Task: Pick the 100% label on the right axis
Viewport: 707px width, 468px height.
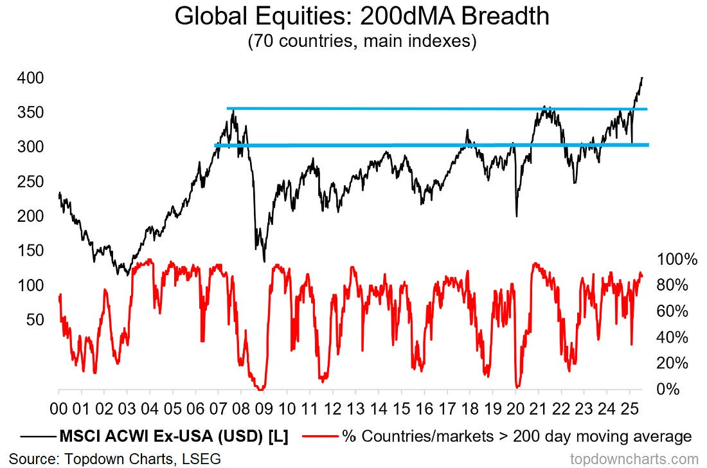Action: point(677,260)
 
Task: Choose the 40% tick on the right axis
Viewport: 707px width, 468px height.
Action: point(673,337)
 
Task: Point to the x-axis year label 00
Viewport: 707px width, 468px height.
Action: point(58,409)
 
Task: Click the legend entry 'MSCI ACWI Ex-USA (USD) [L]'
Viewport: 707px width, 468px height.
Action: point(163,437)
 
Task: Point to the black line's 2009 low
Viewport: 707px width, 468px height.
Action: point(264,261)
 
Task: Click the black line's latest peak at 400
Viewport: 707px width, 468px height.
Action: point(642,78)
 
